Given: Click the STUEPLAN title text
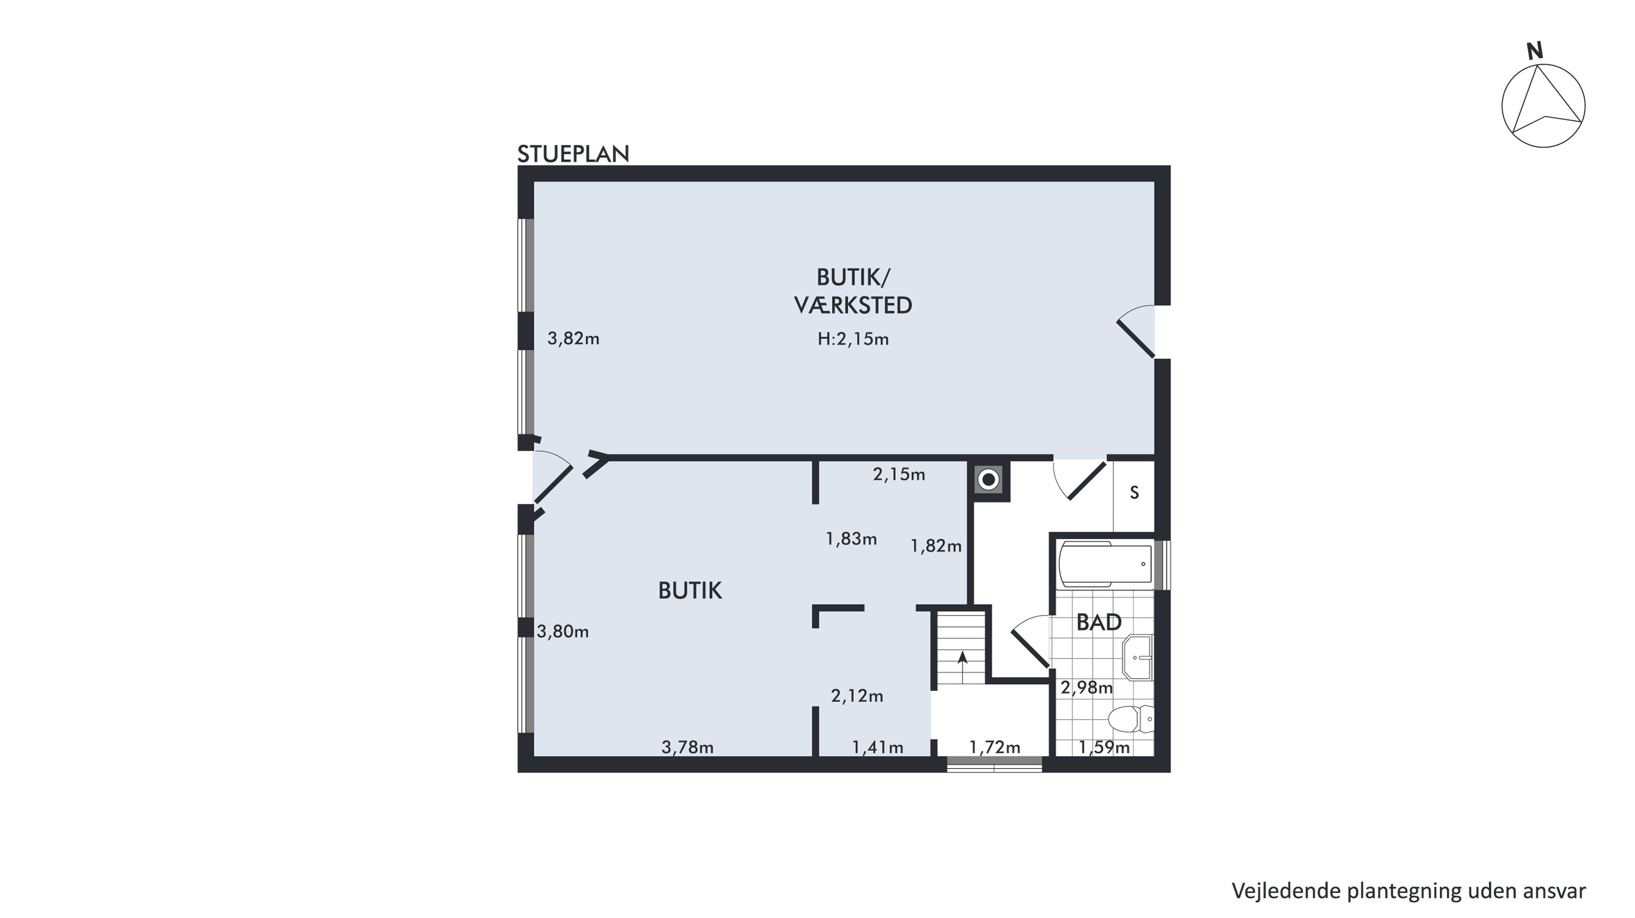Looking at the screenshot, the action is point(573,154).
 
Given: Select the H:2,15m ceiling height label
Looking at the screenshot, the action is point(853,339).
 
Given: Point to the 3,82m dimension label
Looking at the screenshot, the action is point(574,339).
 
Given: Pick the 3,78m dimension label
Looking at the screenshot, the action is point(687,747).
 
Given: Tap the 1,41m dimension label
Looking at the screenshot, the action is point(878,747).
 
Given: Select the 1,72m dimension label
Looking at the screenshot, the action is point(994,747).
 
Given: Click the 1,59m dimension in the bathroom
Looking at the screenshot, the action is point(1105,747).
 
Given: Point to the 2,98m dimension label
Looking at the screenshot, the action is point(1087,687).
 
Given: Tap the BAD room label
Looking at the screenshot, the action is point(1099,622).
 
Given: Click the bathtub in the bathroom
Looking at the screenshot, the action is point(1106,564).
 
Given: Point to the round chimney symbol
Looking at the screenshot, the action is point(988,479).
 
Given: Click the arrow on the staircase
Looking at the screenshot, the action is point(962,667).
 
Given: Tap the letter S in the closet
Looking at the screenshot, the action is point(1134,493).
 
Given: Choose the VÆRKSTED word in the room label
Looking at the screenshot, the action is point(853,306).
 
